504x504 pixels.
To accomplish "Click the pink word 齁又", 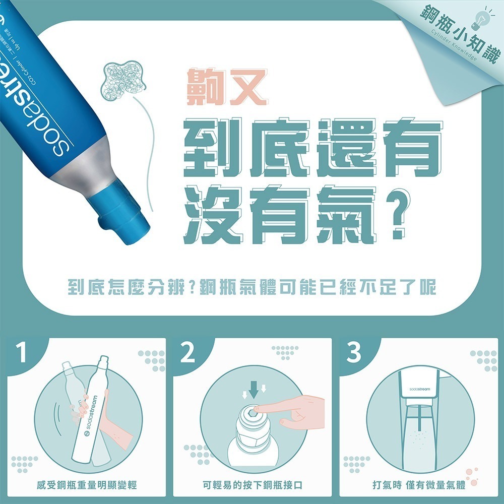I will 224,88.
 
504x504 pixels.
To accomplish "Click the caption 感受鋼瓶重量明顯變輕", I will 87,485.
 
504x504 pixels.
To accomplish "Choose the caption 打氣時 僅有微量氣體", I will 418,485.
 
